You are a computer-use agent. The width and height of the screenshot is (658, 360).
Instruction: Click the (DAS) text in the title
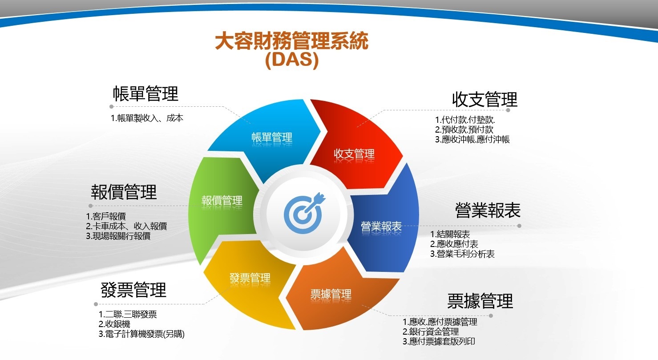(292, 60)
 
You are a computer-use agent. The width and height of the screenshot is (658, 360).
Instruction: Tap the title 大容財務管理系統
(292, 40)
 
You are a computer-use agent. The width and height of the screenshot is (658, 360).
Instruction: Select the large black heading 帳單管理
(145, 94)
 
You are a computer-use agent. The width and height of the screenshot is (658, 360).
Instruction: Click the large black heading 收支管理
(484, 99)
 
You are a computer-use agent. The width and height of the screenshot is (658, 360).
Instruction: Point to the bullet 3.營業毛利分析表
(462, 254)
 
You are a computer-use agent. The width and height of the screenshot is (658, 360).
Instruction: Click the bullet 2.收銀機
(114, 324)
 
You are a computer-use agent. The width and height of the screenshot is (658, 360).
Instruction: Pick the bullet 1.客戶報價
(106, 216)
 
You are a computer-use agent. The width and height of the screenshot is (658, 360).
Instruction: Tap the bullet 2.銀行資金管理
(431, 332)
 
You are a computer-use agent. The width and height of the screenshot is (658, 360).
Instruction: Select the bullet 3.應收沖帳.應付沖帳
(472, 139)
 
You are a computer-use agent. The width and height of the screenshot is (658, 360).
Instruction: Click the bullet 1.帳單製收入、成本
(147, 118)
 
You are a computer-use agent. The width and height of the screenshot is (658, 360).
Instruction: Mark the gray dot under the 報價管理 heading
(90, 206)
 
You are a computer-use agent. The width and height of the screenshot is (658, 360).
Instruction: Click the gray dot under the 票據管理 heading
(491, 316)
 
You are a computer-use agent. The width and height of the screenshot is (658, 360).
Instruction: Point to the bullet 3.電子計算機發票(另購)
(141, 334)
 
